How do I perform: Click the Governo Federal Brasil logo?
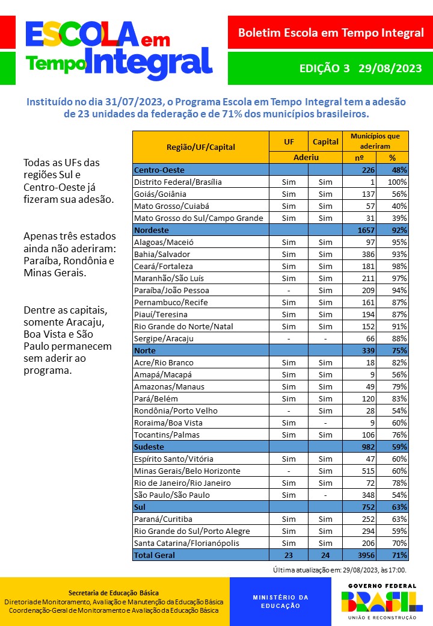coord(378,601)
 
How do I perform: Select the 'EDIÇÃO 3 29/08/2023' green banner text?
coord(360,68)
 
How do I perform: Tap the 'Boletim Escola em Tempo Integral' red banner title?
coord(331,33)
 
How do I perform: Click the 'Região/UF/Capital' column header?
coord(201,146)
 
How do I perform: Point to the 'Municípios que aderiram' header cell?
coord(375,141)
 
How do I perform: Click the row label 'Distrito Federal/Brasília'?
coord(178,182)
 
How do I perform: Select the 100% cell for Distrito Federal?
coord(398,182)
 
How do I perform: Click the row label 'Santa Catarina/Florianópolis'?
coord(186,543)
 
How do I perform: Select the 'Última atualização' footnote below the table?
coord(340,569)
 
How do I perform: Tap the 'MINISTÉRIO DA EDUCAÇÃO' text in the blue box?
coord(280,601)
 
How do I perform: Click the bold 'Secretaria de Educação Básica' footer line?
coord(114,593)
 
